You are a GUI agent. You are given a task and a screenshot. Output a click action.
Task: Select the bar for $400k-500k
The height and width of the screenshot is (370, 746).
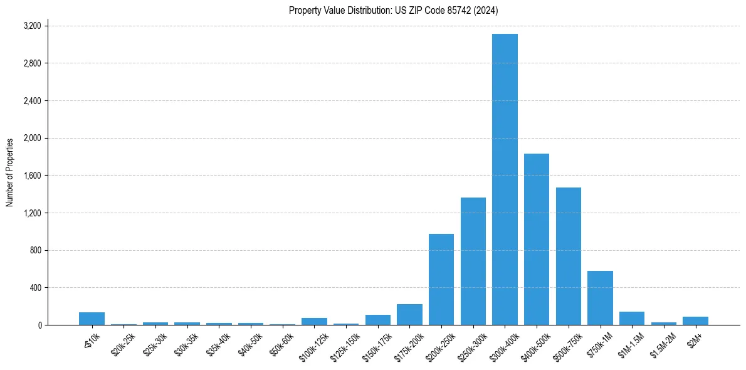click(537, 239)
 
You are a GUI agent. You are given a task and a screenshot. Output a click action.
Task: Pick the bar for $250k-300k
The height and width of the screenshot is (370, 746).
click(473, 261)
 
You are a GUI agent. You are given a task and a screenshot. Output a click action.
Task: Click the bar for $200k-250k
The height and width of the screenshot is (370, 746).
click(441, 279)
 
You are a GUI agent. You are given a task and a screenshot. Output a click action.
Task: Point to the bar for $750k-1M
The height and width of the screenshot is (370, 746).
click(600, 298)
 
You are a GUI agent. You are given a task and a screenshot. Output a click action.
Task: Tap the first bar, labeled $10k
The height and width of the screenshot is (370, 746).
click(92, 319)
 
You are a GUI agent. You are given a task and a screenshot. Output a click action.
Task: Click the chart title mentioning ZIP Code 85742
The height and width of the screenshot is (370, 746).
click(394, 10)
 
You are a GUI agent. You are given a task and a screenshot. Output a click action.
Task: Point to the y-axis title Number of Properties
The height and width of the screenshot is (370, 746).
click(10, 172)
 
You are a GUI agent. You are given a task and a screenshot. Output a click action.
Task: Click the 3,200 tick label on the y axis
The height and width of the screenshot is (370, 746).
click(32, 26)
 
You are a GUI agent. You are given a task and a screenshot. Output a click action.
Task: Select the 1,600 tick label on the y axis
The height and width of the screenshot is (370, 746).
click(32, 176)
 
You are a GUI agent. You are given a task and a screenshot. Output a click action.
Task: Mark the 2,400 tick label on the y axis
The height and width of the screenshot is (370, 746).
click(32, 101)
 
